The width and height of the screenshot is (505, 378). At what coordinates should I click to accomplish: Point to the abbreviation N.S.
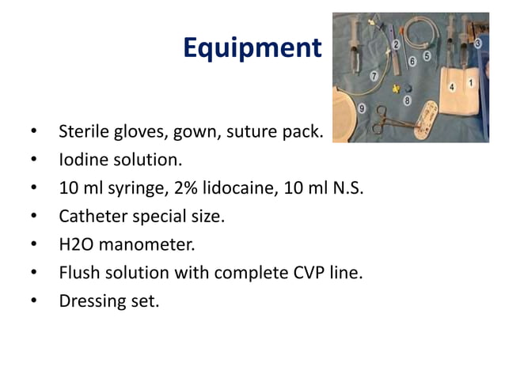(347, 188)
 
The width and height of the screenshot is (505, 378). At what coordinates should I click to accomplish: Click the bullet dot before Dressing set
(34, 301)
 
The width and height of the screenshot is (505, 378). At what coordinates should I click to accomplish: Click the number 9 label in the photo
(362, 108)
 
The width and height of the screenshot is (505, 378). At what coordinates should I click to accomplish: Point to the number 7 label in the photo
(374, 76)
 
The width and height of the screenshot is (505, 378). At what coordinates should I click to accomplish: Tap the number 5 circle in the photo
(427, 57)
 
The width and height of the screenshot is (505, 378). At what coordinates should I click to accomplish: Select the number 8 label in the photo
(407, 100)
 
